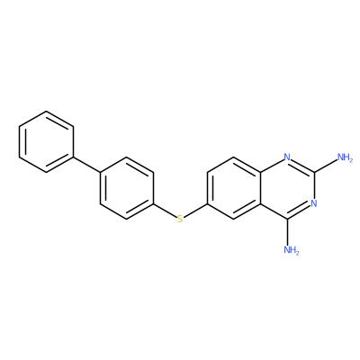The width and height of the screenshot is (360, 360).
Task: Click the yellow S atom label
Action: (x=180, y=219)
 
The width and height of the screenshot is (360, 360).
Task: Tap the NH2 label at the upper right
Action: (x=345, y=157)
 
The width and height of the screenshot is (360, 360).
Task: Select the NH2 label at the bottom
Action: (x=292, y=250)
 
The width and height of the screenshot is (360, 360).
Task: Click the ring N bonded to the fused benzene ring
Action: (x=287, y=157)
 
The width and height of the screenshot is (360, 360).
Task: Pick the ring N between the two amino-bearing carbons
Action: (x=314, y=203)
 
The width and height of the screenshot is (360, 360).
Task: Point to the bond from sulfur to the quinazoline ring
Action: (x=195, y=211)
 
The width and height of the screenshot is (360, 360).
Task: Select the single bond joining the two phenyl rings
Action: (x=86, y=165)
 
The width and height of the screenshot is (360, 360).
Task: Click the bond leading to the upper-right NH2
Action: (x=326, y=165)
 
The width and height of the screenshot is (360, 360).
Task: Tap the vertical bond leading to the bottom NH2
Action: (x=287, y=232)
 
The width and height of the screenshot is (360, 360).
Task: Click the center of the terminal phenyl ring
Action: (x=46, y=141)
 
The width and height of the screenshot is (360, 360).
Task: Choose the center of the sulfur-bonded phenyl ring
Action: (x=127, y=188)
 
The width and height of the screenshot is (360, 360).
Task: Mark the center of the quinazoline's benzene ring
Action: (x=234, y=188)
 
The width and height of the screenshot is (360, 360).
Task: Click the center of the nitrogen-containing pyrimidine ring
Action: (x=287, y=188)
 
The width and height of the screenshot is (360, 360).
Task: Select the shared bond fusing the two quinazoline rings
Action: (x=260, y=188)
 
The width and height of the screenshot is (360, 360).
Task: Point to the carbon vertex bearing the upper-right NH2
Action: (x=314, y=172)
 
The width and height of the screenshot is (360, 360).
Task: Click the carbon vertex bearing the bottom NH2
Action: (x=287, y=219)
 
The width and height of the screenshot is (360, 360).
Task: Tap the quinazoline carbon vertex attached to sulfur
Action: (x=207, y=204)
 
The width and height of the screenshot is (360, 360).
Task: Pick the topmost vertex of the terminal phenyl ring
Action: (x=46, y=111)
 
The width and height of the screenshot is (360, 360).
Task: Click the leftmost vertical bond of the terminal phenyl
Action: (x=20, y=141)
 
